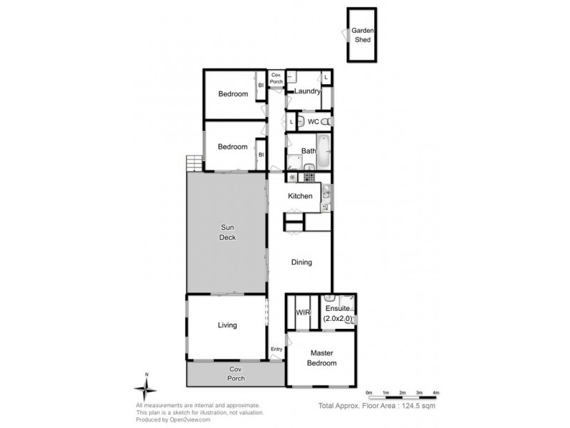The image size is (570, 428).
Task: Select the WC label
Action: click(x=313, y=122)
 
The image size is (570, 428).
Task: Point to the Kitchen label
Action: click(x=300, y=196)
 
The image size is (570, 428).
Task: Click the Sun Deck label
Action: click(x=227, y=233)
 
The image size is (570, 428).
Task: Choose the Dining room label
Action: click(x=301, y=263)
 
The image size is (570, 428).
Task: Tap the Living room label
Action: click(x=227, y=325)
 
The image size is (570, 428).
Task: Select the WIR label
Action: click(x=300, y=312)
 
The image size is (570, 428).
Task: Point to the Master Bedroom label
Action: click(x=323, y=358)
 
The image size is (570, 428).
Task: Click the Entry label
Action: click(x=276, y=349)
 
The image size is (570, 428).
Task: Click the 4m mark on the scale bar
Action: click(x=436, y=393)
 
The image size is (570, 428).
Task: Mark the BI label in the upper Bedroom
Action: click(x=261, y=86)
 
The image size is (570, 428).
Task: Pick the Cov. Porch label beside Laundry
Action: click(x=276, y=78)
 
